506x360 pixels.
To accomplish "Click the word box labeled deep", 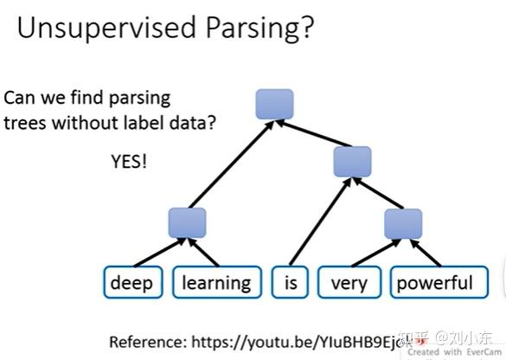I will tap(131, 283).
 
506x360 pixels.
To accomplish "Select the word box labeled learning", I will tap(216, 283).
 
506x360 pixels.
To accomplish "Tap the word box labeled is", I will tap(290, 283).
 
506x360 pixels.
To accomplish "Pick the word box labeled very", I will tap(349, 283).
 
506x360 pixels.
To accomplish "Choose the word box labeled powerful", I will tap(435, 283).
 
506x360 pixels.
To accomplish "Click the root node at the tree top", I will tap(274, 105).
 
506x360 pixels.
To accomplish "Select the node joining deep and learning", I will tap(187, 222).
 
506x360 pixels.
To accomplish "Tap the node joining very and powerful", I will tap(402, 222).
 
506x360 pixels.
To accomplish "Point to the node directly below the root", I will tap(352, 161).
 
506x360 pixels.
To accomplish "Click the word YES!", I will tap(128, 161).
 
